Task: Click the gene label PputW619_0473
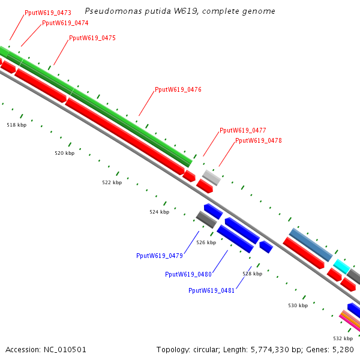[x=48, y=13]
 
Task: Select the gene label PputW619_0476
[x=178, y=89]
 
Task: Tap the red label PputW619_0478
[x=258, y=140]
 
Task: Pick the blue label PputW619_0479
[x=160, y=256]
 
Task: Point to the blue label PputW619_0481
[x=211, y=290]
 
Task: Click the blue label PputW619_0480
[x=188, y=274]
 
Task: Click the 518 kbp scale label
[x=17, y=125]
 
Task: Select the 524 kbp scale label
[x=160, y=212]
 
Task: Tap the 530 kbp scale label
[x=298, y=305]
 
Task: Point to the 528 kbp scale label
[x=253, y=274]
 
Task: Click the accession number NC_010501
[x=65, y=350]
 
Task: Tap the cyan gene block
[x=341, y=266]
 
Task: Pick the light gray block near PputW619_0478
[x=211, y=178]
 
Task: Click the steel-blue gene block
[x=311, y=245]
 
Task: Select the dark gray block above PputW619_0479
[x=206, y=220]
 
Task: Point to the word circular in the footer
[x=205, y=350]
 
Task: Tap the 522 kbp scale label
[x=112, y=182]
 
